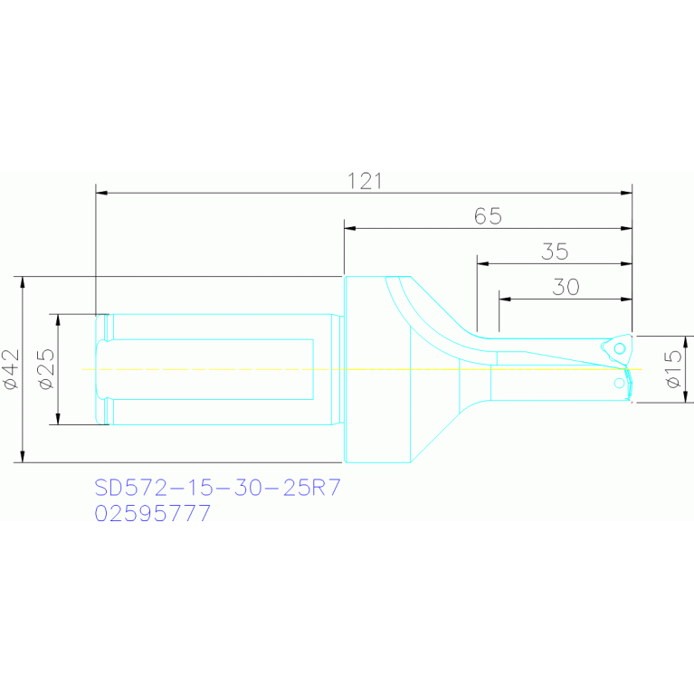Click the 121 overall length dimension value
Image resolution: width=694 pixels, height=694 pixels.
coord(365,180)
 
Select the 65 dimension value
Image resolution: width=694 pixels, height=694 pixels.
coord(488,216)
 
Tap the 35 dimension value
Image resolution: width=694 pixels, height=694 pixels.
coord(555,252)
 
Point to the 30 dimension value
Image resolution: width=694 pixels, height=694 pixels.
coord(566,287)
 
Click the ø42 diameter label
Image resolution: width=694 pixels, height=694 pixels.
coord(11,369)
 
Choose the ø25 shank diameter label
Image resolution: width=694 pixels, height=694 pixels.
coord(46,369)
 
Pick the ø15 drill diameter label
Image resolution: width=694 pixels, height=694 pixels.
coord(672,369)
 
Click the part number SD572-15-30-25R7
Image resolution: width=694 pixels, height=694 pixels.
coord(217,489)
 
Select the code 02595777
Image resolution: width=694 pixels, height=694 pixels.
coord(153,513)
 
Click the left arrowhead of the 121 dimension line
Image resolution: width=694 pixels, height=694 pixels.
coord(100,193)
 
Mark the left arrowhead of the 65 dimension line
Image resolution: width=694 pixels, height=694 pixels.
coord(349,228)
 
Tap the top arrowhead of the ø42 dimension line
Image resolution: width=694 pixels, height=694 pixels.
coord(23,281)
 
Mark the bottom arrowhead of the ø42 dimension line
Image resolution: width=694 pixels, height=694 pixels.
coord(23,457)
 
